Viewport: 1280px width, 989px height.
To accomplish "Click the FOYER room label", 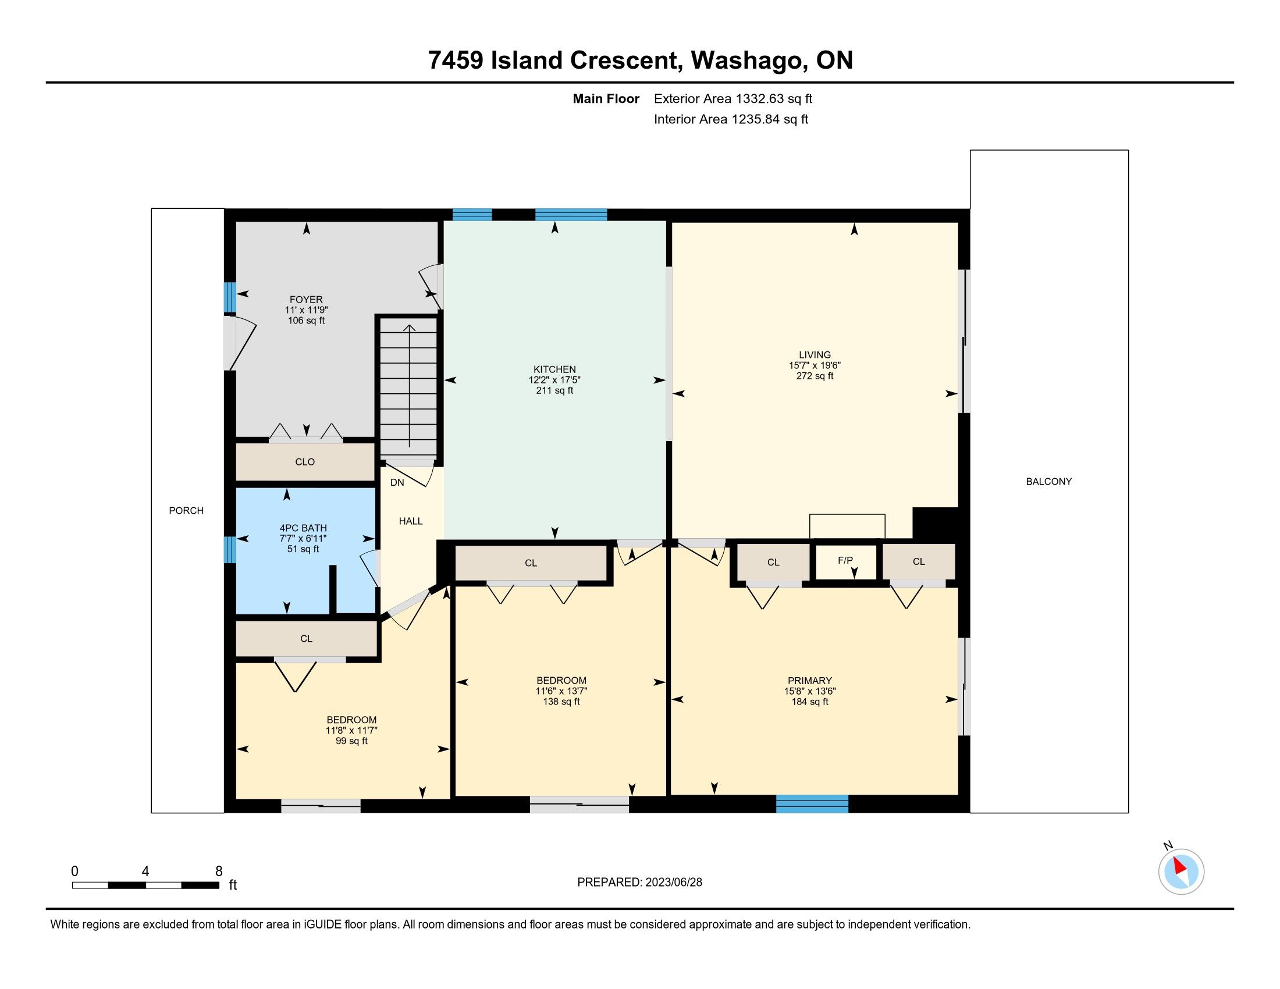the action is point(306,300).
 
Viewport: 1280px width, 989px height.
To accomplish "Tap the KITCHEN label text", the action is point(554,369).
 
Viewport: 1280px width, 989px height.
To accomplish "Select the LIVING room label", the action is point(815,354).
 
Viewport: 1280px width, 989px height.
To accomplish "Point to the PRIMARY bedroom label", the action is point(809,680).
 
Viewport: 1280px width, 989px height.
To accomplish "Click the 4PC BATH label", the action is point(303,528).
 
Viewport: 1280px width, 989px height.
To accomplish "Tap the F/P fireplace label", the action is point(845,560).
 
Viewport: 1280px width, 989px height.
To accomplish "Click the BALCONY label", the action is point(1048,481).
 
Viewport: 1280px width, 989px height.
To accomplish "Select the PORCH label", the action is point(186,510).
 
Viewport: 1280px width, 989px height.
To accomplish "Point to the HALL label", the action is point(411,521).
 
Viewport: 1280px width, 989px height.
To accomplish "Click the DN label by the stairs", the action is point(397,483).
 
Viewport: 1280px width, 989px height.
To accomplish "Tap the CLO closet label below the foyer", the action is point(305,462).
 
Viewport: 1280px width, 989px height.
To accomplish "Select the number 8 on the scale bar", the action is point(219,871).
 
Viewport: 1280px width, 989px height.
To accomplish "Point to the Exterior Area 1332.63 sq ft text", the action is point(733,98).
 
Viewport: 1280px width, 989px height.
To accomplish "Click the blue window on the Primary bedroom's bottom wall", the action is point(812,803).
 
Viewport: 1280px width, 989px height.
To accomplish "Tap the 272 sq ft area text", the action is point(815,376).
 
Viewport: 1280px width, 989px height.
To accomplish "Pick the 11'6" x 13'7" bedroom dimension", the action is point(561,691).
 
